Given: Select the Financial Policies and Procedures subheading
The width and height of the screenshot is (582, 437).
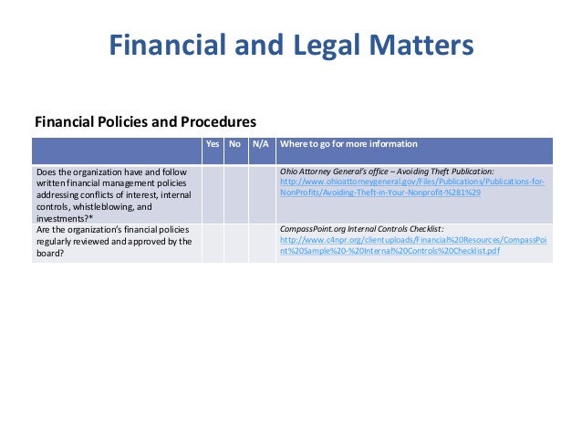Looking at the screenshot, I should coord(145,121).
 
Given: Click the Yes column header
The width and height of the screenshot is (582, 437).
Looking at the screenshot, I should coord(213,144).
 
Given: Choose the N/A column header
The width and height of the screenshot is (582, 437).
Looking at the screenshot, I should coord(260,144).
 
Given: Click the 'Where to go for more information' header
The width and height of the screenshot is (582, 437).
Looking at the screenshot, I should coord(349,144).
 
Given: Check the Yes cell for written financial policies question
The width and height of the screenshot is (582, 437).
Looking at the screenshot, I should coord(213,194).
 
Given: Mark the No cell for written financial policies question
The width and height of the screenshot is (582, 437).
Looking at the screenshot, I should coord(237,194).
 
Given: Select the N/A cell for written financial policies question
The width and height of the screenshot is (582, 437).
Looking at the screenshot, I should coord(261,194).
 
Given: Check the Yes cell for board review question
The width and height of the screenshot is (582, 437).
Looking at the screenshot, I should coord(213,243).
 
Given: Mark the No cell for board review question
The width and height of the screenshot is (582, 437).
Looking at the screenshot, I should coord(237,243).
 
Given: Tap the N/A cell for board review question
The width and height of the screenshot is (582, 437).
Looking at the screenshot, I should coord(261,243).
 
